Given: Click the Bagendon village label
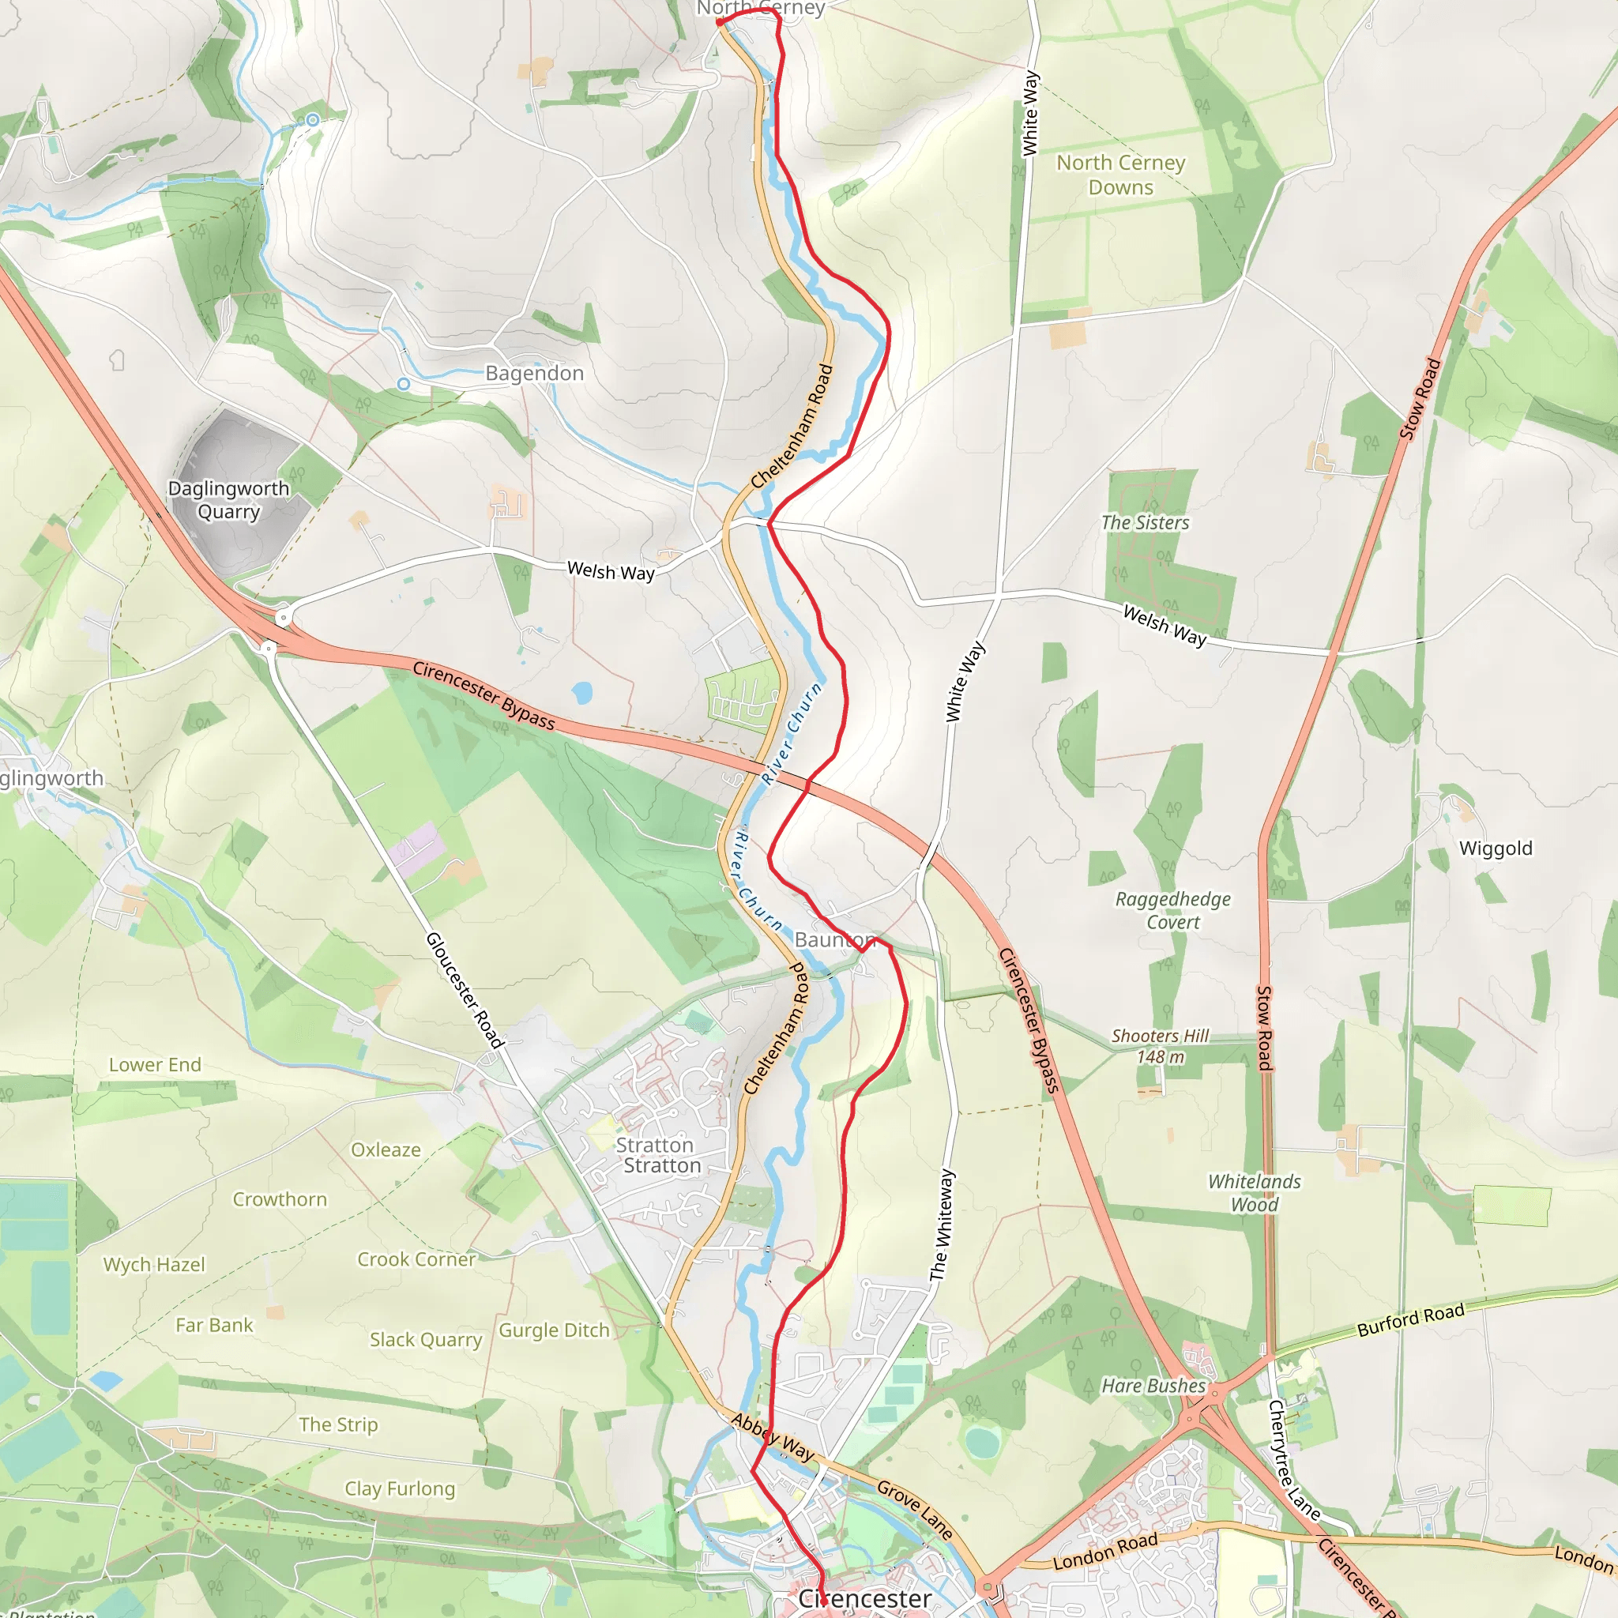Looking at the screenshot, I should (534, 374).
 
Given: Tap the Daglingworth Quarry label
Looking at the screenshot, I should (228, 500).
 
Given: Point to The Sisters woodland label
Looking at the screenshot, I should (1145, 522).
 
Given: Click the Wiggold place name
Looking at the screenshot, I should (1496, 849).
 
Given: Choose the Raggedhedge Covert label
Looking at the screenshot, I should (1172, 910).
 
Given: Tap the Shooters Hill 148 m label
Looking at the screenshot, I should (1160, 1046).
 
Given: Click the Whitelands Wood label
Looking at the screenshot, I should (1254, 1192).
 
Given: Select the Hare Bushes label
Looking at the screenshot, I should (1153, 1386).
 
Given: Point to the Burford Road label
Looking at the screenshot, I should (1410, 1321).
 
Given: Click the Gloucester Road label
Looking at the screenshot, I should (465, 990).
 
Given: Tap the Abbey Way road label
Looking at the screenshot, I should (773, 1436).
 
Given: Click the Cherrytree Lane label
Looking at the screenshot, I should (1294, 1460).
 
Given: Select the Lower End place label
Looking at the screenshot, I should (155, 1065).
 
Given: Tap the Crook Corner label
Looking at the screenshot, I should (416, 1259).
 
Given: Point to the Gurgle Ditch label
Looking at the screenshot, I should (554, 1330).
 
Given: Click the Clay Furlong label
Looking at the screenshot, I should (400, 1488).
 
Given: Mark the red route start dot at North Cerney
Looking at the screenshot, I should (721, 23).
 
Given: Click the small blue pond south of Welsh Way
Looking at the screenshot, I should (582, 693).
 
